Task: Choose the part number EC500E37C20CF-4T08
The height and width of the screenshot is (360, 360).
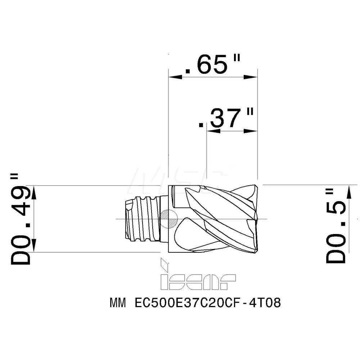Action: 207,303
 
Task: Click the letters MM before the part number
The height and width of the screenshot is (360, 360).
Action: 118,303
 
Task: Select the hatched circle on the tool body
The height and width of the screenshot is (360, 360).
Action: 168,219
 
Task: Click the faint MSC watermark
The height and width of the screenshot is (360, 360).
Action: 180,176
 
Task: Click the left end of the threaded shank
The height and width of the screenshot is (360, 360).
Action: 126,220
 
